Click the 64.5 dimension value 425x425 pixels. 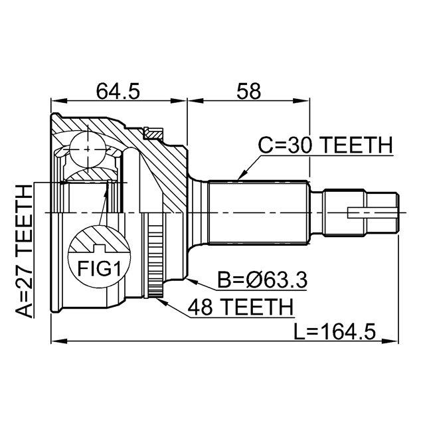(118, 91)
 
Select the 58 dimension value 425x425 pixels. (248, 91)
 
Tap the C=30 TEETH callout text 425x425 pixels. (325, 145)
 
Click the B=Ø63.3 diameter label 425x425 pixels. (262, 280)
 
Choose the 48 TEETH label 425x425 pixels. (240, 307)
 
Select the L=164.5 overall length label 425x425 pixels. (335, 331)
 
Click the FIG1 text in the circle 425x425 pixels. (99, 268)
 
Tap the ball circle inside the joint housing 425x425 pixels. (88, 149)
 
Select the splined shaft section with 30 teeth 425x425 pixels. (258, 212)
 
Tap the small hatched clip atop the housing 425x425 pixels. (153, 133)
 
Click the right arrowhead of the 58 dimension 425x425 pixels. (301, 101)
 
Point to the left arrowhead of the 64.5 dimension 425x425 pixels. (59, 101)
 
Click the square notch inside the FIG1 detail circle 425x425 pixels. (99, 248)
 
